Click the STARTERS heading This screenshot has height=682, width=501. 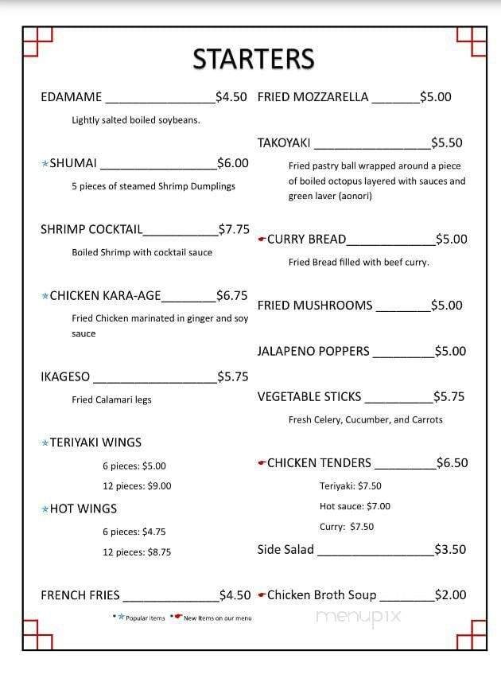[254, 59]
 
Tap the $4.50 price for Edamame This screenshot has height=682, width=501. [232, 97]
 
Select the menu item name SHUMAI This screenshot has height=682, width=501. [73, 163]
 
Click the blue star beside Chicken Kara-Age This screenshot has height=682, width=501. [45, 296]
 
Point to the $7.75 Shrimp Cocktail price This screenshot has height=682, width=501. [235, 229]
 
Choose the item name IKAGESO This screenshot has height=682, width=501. [65, 376]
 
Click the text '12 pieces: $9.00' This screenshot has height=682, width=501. [137, 485]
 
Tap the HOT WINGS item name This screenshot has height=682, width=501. [83, 509]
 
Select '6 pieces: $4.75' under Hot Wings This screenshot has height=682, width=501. [134, 532]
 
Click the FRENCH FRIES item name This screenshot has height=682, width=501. [80, 594]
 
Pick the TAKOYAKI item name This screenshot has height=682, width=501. [284, 143]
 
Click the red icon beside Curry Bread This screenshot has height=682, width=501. [262, 240]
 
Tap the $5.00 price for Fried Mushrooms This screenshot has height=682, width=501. [446, 306]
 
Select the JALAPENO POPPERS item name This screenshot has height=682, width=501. [313, 351]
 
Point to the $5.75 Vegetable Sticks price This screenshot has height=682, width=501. [449, 396]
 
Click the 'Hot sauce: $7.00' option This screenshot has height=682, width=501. [355, 506]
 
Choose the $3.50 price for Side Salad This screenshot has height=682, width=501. [450, 549]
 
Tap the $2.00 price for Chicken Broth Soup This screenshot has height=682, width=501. [450, 594]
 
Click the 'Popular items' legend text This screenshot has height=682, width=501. [145, 618]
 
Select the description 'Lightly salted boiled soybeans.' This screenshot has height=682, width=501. [136, 120]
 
